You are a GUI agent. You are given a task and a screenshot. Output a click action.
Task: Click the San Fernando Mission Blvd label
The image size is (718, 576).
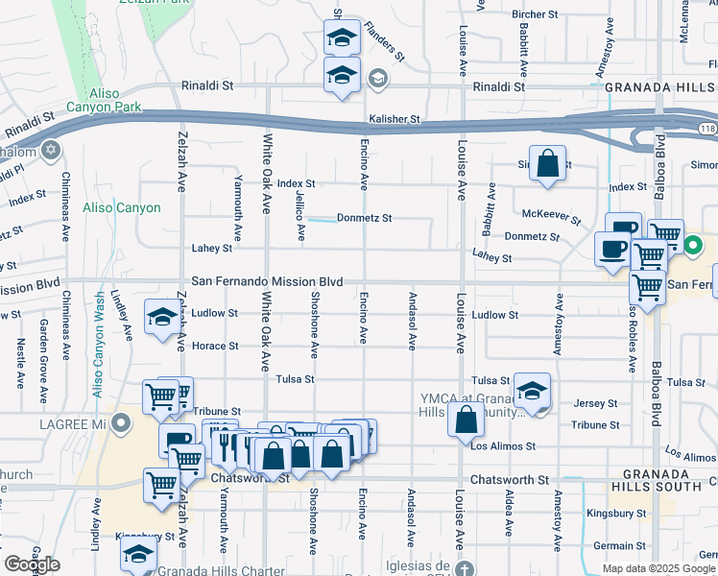click(267, 281)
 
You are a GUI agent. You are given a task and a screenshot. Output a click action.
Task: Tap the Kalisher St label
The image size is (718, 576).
click(395, 119)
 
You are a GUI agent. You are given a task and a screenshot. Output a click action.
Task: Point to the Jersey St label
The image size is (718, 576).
click(595, 404)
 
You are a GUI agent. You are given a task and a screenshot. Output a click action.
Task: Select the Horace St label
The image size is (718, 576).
click(215, 346)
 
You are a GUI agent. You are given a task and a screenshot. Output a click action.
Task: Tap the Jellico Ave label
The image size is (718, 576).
click(300, 216)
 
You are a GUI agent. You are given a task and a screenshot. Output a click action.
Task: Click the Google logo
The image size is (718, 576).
click(33, 564)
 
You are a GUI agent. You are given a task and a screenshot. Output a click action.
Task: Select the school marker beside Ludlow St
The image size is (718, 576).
click(161, 318)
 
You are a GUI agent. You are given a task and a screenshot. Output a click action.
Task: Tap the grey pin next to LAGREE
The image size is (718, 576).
click(120, 422)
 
